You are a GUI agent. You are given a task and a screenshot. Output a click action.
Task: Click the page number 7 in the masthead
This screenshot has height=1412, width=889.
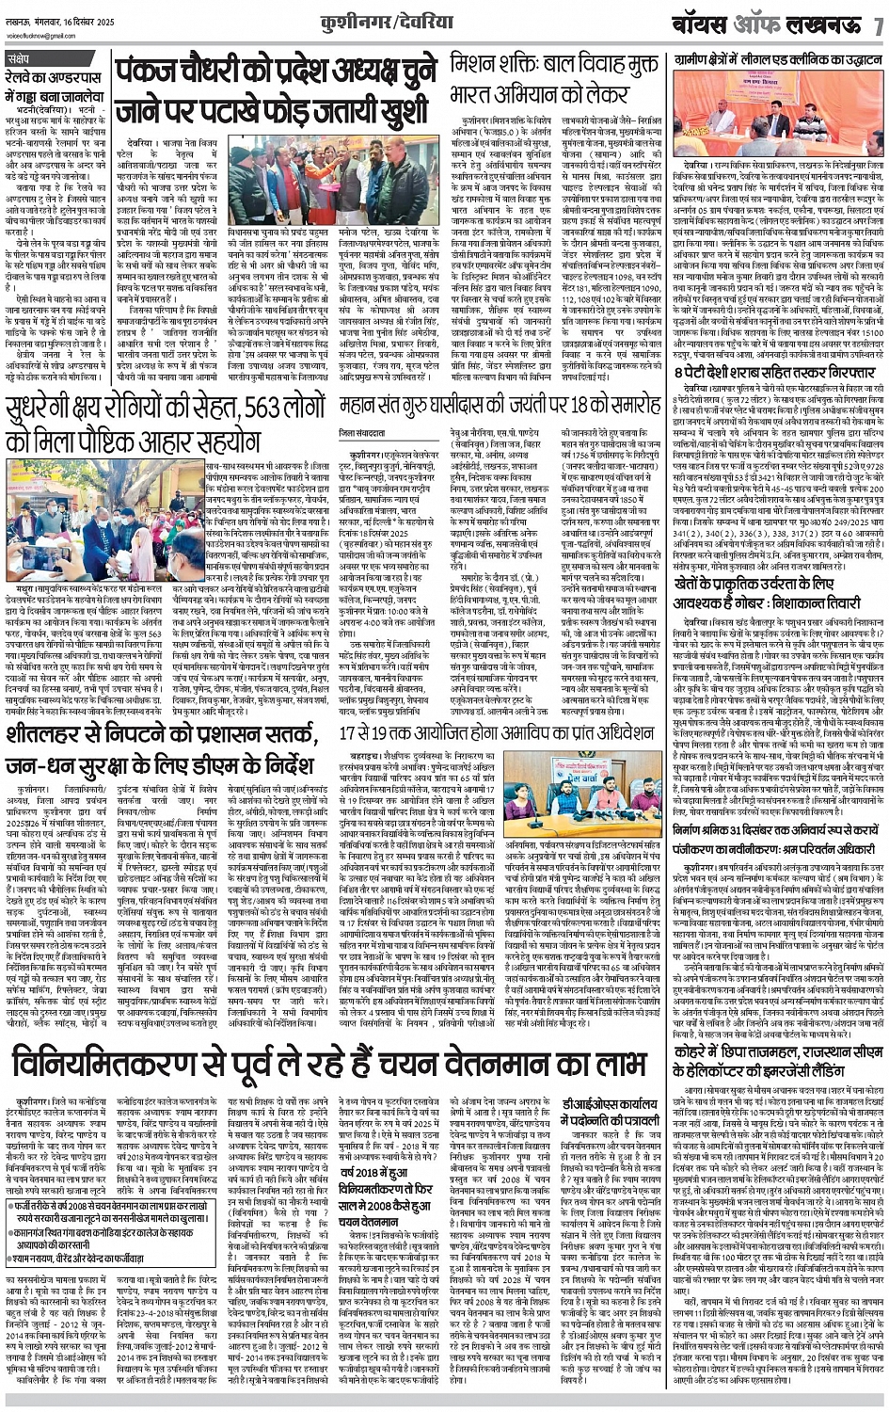pyautogui.click(x=877, y=24)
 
